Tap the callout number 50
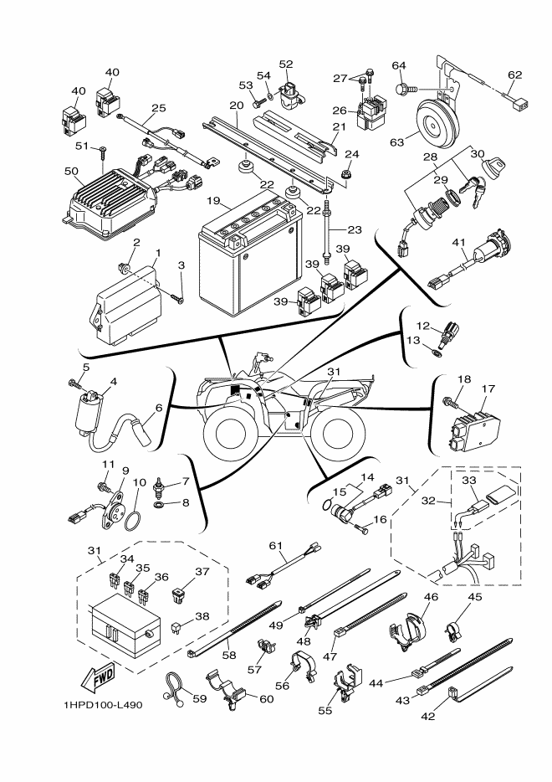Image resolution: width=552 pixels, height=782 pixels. coord(71,171)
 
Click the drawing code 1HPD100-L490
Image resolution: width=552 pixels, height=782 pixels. coord(103,705)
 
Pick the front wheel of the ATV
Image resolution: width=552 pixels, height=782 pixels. coord(228,430)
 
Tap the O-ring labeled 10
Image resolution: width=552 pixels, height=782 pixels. coord(132,521)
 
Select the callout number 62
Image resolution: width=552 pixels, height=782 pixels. coord(514,75)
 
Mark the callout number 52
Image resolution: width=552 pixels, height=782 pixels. coord(286,64)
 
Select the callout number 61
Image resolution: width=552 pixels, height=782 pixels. coord(275,546)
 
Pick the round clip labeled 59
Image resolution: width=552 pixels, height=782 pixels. coord(172,684)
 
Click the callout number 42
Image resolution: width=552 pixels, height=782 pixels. coord(428,716)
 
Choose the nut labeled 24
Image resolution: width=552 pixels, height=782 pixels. coord(345,174)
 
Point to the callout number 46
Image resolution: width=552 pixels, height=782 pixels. coord(431,596)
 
